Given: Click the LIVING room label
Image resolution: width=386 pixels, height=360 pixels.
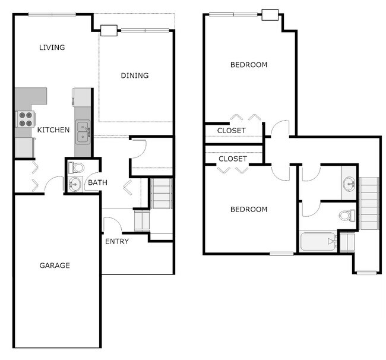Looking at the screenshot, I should [x=52, y=48].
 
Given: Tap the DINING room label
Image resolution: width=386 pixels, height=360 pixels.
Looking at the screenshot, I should [x=135, y=75].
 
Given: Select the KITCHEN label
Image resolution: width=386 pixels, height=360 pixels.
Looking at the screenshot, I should [x=53, y=130].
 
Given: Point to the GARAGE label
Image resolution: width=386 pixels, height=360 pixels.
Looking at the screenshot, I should [x=55, y=265].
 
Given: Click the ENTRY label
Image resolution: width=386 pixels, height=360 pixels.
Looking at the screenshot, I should [x=118, y=242].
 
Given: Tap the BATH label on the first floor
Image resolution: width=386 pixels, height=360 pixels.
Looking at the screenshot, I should [x=97, y=182].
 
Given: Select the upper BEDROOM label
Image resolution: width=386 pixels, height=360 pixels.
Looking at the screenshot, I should [x=249, y=65].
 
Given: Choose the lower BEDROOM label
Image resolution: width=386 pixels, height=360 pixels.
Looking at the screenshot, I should [x=249, y=209].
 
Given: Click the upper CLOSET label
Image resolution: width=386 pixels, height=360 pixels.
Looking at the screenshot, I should [x=231, y=130].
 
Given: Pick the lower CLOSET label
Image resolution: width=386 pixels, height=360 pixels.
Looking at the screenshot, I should [x=233, y=159].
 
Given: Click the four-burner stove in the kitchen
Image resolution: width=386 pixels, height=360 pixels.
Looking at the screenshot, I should [x=24, y=119].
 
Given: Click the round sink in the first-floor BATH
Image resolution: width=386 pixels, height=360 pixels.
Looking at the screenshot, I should [x=74, y=185].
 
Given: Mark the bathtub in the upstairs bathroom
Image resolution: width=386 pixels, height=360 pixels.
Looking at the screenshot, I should [x=317, y=242].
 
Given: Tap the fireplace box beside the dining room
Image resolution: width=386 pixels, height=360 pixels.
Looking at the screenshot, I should [x=109, y=30].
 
